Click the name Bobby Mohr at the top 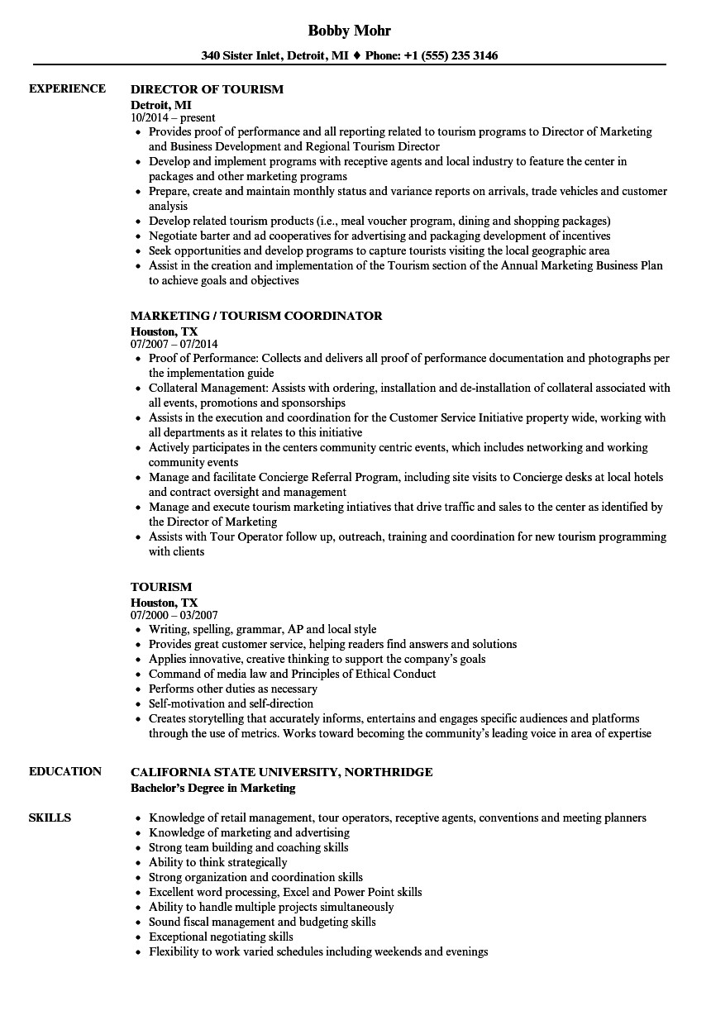coord(349,31)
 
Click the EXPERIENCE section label coord(67,88)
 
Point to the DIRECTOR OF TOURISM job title coord(207,89)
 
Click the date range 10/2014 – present coord(173,117)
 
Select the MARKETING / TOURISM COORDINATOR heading coord(256,316)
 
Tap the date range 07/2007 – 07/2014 coord(174,344)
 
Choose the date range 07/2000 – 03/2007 coord(174,615)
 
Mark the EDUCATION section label coord(65,771)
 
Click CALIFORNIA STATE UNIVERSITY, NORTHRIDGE coord(281,772)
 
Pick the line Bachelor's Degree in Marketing coord(212,788)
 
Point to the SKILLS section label coord(50,818)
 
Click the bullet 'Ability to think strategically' coord(217,862)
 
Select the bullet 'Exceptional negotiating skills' coord(221,937)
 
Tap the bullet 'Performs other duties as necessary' coord(232,689)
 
